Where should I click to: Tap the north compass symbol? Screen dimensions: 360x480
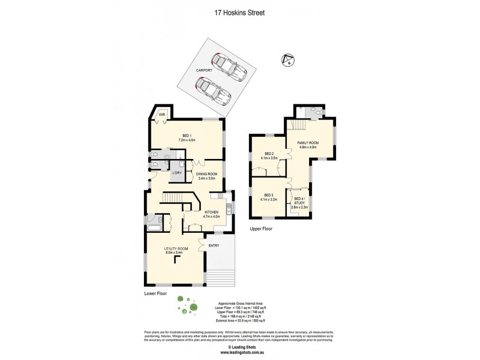click(x=287, y=60)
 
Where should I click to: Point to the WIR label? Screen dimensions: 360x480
click(x=161, y=114)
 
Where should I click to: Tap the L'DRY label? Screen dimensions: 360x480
click(x=177, y=173)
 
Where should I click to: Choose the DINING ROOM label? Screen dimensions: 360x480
click(x=208, y=175)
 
